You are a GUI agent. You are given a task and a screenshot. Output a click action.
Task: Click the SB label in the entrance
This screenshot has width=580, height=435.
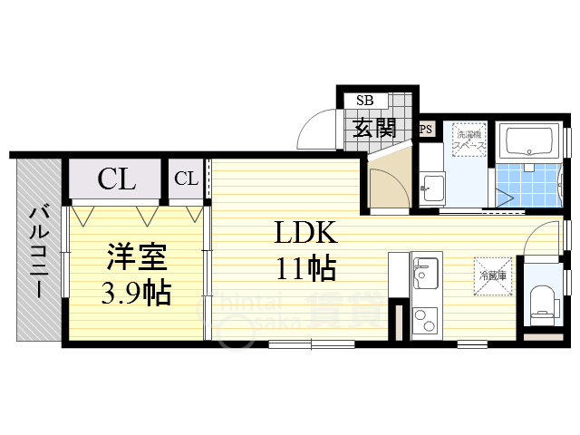pos(365,101)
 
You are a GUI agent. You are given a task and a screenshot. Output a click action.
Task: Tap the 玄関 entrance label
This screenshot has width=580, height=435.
pos(374,127)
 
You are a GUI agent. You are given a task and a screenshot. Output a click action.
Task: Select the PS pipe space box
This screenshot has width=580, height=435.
pos(425,130)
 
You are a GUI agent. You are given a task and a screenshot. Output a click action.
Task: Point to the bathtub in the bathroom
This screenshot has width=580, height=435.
pos(531,142)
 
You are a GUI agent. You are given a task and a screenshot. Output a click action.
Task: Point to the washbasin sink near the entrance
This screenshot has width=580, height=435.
pos(431,190)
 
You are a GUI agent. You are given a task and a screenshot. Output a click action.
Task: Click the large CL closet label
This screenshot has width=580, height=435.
pos(117,179)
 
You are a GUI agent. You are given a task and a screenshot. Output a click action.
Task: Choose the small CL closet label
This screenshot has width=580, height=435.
pos(186,179)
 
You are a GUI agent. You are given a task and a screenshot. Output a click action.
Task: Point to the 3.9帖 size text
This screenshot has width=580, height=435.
pos(136,293)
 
